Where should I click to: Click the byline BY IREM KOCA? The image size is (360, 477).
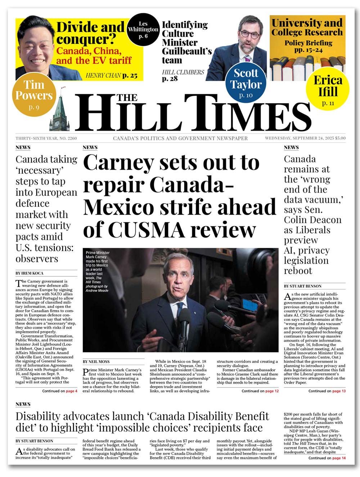pyautogui.click(x=30, y=273)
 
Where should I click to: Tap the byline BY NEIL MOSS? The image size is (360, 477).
pyautogui.click(x=96, y=362)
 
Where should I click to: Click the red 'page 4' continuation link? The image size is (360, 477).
pyautogui.click(x=71, y=391)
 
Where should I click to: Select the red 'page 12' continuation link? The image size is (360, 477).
pyautogui.click(x=272, y=391)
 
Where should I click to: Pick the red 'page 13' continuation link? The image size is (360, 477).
pyautogui.click(x=339, y=391)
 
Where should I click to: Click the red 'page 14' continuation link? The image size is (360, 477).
pyautogui.click(x=339, y=458)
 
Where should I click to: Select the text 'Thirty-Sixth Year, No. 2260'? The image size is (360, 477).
pyautogui.click(x=46, y=138)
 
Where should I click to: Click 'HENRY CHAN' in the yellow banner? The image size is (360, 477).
pyautogui.click(x=103, y=76)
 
